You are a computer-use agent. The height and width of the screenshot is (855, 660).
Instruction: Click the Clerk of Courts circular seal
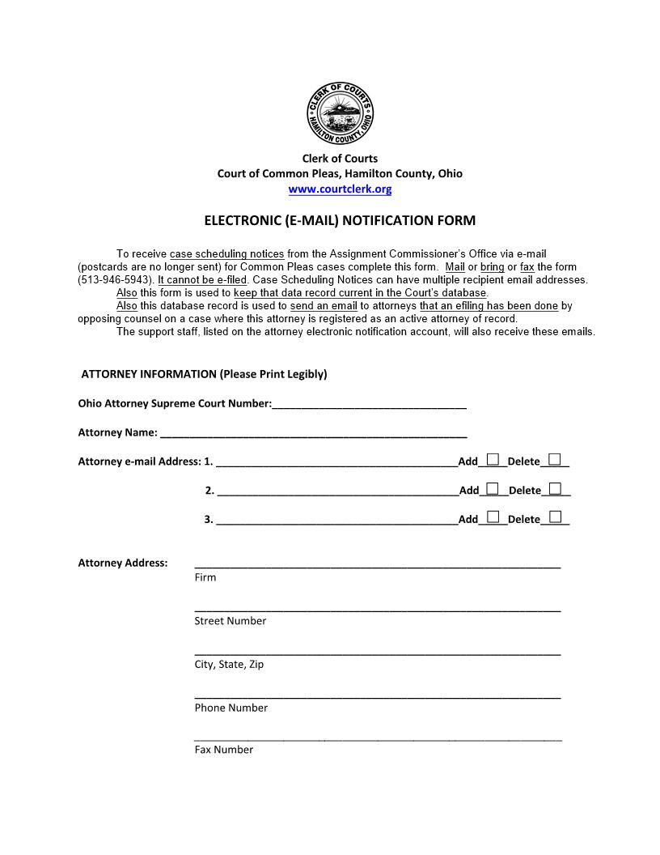[x=340, y=114]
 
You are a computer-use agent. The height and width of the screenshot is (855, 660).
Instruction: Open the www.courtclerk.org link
[x=340, y=189]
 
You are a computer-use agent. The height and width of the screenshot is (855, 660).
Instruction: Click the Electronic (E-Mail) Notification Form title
[x=340, y=220]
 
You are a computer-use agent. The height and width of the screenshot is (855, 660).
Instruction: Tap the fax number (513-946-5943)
[x=115, y=280]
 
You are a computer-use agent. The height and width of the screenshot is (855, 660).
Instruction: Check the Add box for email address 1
[x=493, y=460]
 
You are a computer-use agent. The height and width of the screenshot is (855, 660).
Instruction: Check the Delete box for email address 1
[x=554, y=460]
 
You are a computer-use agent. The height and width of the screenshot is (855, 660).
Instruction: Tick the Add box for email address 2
[x=493, y=488]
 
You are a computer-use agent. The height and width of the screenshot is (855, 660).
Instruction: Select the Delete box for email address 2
[x=555, y=488]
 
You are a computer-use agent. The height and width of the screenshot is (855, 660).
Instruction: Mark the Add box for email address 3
[x=493, y=517]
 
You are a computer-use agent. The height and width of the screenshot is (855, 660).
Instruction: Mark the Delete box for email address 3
[x=555, y=517]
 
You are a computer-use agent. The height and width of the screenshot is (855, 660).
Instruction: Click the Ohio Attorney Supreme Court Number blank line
[x=369, y=404]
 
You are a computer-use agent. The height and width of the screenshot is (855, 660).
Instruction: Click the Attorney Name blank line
[x=313, y=433]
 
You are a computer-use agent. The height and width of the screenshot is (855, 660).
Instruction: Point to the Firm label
[x=205, y=577]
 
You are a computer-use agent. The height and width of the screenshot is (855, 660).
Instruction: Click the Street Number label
[x=230, y=621]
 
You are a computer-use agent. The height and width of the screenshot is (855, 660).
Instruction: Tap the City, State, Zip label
[x=229, y=665]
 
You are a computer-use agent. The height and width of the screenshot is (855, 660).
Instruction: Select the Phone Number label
[x=231, y=708]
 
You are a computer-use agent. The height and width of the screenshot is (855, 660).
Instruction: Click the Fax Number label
[x=223, y=750]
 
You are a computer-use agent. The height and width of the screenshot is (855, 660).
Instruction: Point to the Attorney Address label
[x=123, y=563]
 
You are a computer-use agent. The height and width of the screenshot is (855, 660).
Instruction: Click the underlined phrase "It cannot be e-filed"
[x=201, y=280]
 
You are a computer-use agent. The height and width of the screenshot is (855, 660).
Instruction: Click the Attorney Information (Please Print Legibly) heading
[x=204, y=374]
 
